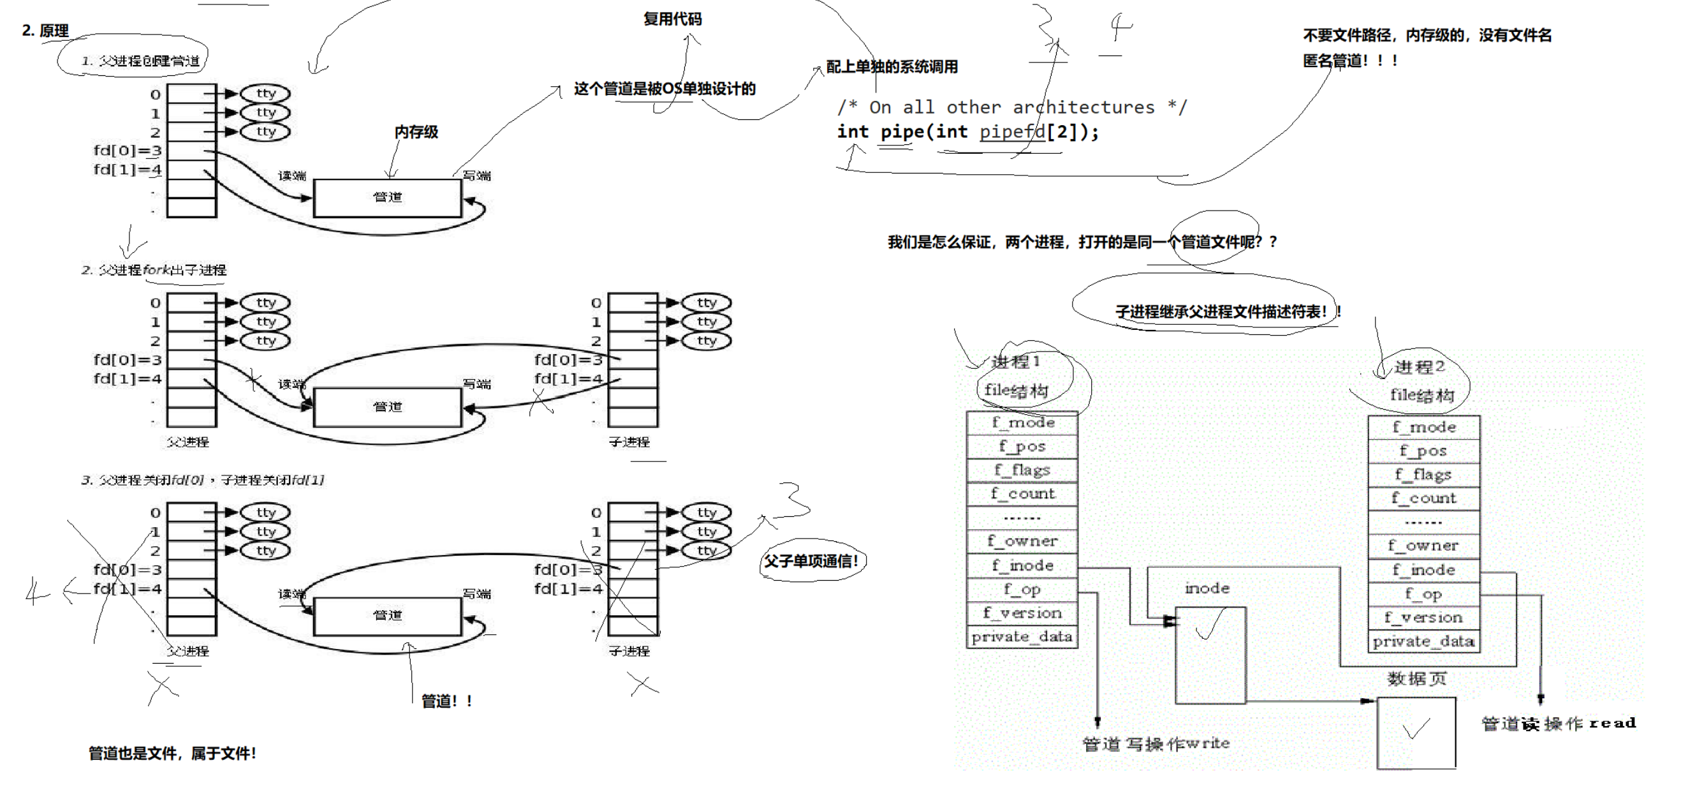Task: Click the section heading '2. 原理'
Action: point(45,31)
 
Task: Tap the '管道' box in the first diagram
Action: point(387,197)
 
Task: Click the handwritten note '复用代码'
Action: point(672,19)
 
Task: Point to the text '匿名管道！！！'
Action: point(1350,61)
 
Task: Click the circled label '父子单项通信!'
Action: point(811,561)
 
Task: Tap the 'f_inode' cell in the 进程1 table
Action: point(1022,566)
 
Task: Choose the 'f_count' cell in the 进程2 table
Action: point(1423,498)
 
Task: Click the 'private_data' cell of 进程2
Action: point(1423,641)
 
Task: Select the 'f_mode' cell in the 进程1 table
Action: point(1022,423)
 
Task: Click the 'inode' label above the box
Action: point(1207,588)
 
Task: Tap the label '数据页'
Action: point(1416,679)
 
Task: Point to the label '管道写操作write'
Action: point(1156,743)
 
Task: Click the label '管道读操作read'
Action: point(1558,723)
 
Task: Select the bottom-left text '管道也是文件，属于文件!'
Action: point(172,753)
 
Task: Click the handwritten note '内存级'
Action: point(416,131)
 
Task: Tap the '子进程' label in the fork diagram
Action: point(629,442)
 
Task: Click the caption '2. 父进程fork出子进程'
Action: point(154,270)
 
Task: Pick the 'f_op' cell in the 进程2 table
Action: point(1423,594)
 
